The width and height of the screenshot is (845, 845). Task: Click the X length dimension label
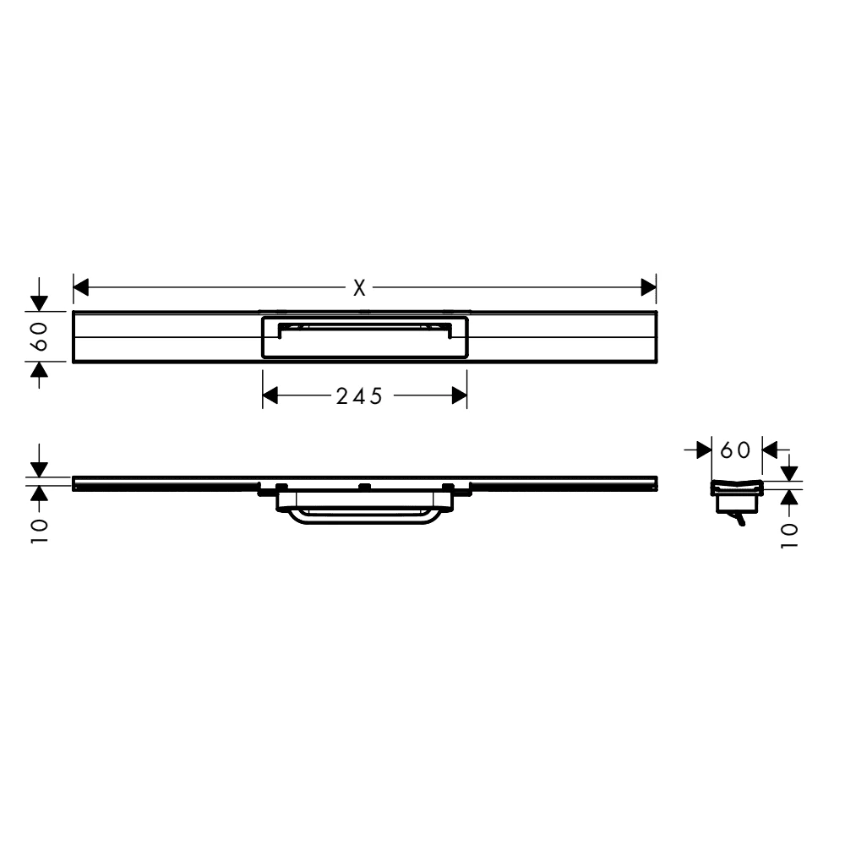(360, 288)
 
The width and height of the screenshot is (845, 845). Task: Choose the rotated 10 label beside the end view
(788, 535)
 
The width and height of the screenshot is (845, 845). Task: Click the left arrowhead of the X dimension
(81, 288)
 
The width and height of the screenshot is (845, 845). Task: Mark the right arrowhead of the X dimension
(649, 288)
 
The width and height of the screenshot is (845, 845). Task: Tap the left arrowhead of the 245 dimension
(270, 395)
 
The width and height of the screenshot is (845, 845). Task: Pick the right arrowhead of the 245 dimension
(460, 395)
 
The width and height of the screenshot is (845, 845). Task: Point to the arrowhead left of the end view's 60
(704, 450)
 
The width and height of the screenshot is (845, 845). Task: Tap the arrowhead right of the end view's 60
(771, 450)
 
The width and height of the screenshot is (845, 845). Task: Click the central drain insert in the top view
(364, 339)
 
